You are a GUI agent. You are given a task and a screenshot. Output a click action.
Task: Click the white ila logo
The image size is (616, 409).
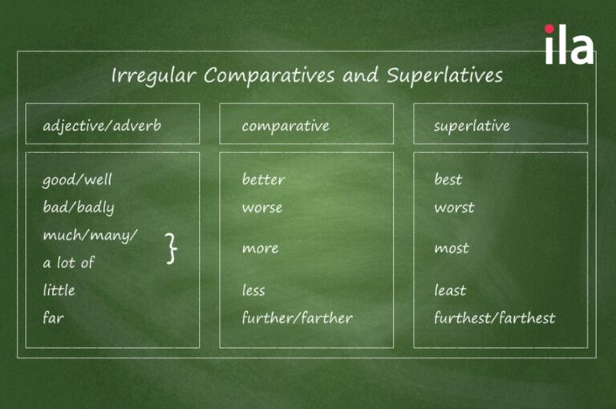coord(569,44)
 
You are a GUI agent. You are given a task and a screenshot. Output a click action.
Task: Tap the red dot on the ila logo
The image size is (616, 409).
coord(549,29)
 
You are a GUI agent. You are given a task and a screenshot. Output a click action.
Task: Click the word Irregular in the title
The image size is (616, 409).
coord(154,75)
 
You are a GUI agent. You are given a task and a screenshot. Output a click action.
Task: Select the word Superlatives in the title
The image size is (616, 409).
coord(444,75)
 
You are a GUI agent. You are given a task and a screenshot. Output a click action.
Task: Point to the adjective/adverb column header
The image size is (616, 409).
coord(102,126)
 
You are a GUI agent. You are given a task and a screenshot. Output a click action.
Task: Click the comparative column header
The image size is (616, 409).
coord(286,126)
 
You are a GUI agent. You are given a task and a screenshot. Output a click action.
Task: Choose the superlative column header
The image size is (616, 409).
coord(472,126)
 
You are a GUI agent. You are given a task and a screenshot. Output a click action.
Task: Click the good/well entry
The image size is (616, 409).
coord(77,180)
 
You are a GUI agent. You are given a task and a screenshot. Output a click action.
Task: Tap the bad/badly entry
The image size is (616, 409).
coord(79,207)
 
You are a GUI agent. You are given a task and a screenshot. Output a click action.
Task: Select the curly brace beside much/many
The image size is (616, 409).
coord(172,248)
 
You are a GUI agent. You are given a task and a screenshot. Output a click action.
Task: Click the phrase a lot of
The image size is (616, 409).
coord(69,262)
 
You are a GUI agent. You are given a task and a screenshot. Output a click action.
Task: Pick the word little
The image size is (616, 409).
coord(59,290)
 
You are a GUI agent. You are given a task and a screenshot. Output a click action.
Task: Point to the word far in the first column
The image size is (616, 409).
coord(53,318)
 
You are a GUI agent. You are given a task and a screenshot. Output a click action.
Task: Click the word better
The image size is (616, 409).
coord(263,179)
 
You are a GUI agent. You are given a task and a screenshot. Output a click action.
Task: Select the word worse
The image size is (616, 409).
coord(262,208)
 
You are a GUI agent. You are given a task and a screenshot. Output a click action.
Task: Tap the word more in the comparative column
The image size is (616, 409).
coord(260,249)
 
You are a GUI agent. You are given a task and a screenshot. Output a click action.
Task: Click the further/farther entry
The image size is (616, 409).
coord(298,318)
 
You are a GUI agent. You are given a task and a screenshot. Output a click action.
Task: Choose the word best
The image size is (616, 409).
coord(448,179)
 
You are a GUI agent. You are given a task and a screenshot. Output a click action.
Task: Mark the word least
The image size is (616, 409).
coord(450,290)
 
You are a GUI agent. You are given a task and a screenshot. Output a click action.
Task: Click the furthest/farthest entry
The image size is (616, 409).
coord(495,318)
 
